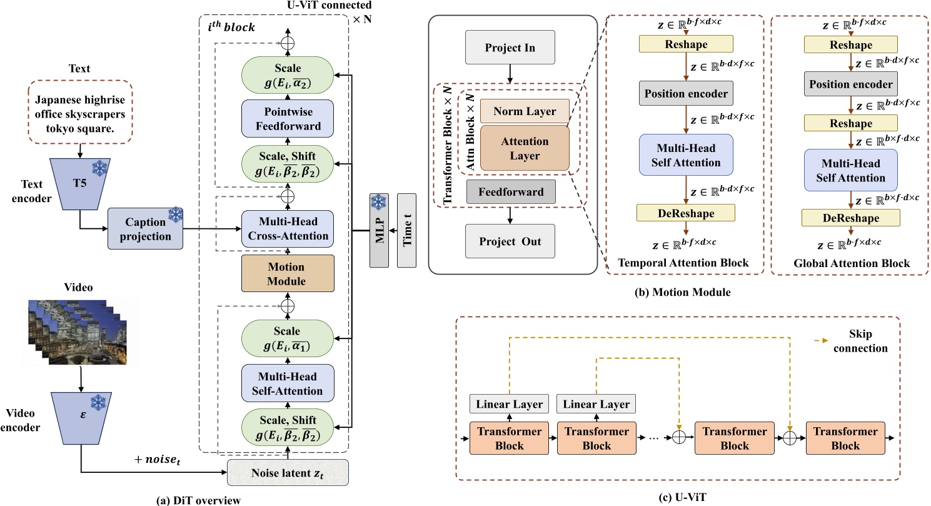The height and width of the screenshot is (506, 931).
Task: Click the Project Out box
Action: tap(511, 241)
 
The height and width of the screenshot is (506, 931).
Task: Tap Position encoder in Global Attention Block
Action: tap(851, 84)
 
